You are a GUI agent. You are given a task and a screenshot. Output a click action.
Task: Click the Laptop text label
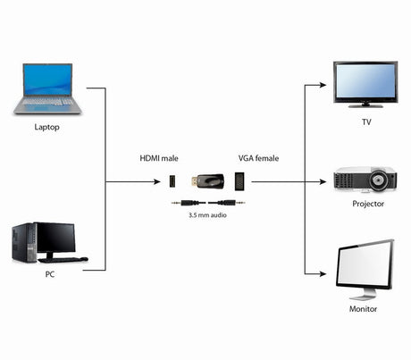47,127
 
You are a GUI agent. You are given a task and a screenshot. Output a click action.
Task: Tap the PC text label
49,274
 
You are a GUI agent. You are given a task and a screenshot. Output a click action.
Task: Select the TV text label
365,121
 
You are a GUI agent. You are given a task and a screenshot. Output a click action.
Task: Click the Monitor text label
363,308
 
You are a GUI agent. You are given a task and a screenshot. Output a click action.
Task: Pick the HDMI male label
159,158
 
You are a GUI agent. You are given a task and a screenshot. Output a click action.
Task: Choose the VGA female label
258,158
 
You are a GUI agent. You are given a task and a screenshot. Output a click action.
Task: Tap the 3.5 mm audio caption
206,215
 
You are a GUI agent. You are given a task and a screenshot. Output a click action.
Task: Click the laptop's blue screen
47,80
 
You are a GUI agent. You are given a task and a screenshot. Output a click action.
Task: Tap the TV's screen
365,81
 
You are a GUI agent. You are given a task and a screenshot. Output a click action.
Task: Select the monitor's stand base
361,296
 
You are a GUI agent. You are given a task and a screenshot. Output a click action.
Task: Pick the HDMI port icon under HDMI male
173,182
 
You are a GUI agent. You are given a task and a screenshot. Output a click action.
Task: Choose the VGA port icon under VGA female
239,182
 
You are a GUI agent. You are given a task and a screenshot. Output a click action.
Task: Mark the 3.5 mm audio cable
206,203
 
